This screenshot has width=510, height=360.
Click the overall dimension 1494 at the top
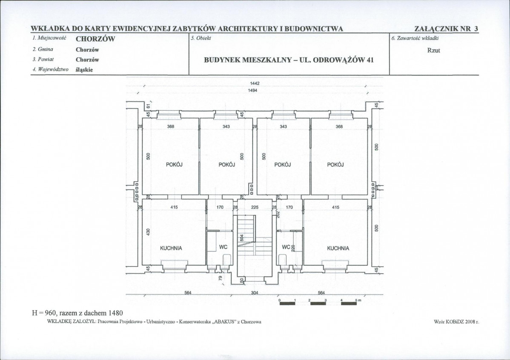[252, 90]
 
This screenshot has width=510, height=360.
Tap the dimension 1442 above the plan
[255, 83]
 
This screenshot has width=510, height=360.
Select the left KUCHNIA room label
[171, 248]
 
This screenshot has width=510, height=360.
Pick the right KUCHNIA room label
[338, 248]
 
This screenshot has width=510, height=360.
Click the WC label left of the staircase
[223, 247]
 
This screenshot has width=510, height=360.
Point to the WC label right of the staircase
[286, 247]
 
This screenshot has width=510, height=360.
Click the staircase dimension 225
[255, 207]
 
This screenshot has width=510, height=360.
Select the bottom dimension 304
[255, 293]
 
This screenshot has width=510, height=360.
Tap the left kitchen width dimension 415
[174, 207]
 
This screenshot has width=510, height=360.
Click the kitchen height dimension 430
[148, 232]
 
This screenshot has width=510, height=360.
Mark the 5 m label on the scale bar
[358, 300]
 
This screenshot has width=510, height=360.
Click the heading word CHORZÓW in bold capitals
[95, 39]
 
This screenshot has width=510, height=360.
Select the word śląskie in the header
[84, 70]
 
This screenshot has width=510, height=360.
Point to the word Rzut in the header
[433, 50]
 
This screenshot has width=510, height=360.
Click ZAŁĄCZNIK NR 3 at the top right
[446, 29]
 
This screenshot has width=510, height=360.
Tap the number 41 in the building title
[370, 60]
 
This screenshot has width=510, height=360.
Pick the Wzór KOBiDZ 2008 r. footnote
[456, 322]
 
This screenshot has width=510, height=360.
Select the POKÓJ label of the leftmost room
[174, 165]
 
